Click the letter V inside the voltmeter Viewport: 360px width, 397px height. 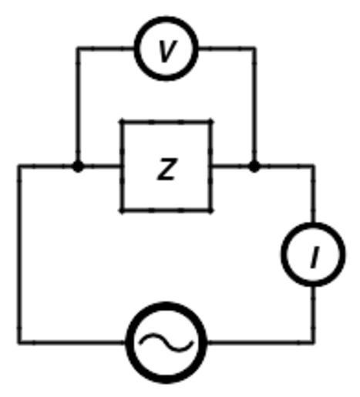point(167,51)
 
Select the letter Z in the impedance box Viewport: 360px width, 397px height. point(167,169)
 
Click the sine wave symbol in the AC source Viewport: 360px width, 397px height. point(166,342)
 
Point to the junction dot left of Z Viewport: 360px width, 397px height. point(78,167)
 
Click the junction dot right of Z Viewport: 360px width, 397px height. point(254,167)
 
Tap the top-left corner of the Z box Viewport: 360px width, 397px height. point(122,122)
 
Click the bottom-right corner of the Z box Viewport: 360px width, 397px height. point(210,210)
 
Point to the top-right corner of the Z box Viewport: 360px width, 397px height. point(210,122)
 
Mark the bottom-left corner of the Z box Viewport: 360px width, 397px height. point(122,210)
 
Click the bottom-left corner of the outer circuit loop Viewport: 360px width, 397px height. point(19,342)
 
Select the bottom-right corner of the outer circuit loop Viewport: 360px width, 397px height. point(313,342)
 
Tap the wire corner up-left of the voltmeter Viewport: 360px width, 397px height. point(78,49)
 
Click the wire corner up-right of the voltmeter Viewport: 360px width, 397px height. point(254,49)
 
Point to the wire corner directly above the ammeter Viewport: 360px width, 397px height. point(313,167)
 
